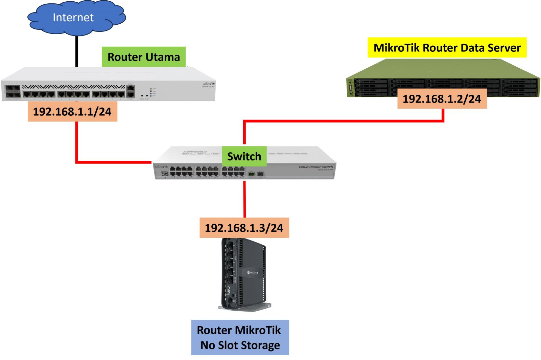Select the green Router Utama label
click(x=144, y=57)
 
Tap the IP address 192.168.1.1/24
click(x=72, y=112)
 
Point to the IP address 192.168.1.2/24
click(x=442, y=99)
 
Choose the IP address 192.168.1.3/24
click(x=244, y=228)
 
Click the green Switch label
click(x=244, y=156)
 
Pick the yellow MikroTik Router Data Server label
click(x=447, y=48)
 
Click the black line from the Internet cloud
click(x=77, y=51)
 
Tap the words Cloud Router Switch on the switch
click(x=316, y=167)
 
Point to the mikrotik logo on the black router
click(x=253, y=272)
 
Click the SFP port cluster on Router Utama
click(x=12, y=92)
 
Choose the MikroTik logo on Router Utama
click(x=209, y=84)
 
